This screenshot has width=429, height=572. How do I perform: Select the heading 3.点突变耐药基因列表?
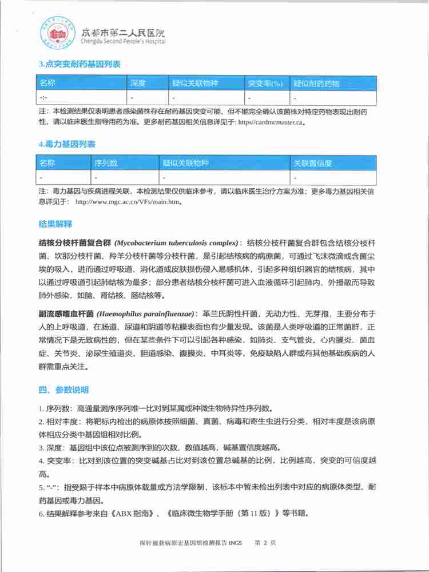[80, 65]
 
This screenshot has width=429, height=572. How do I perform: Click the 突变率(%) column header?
[265, 84]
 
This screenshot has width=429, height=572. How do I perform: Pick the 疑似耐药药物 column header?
[316, 84]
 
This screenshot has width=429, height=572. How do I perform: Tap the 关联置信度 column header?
[313, 164]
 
